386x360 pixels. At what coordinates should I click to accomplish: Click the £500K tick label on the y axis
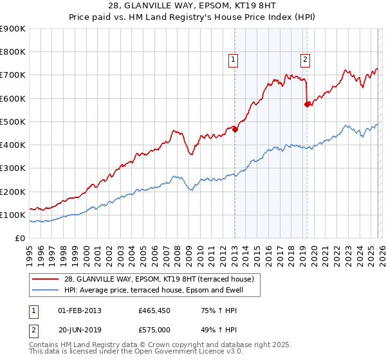click(x=12, y=122)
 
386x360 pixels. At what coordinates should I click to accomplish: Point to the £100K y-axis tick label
click(x=12, y=215)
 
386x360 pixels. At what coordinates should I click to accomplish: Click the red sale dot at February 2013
click(x=235, y=129)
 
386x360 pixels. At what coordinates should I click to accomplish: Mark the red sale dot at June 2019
click(x=308, y=104)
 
